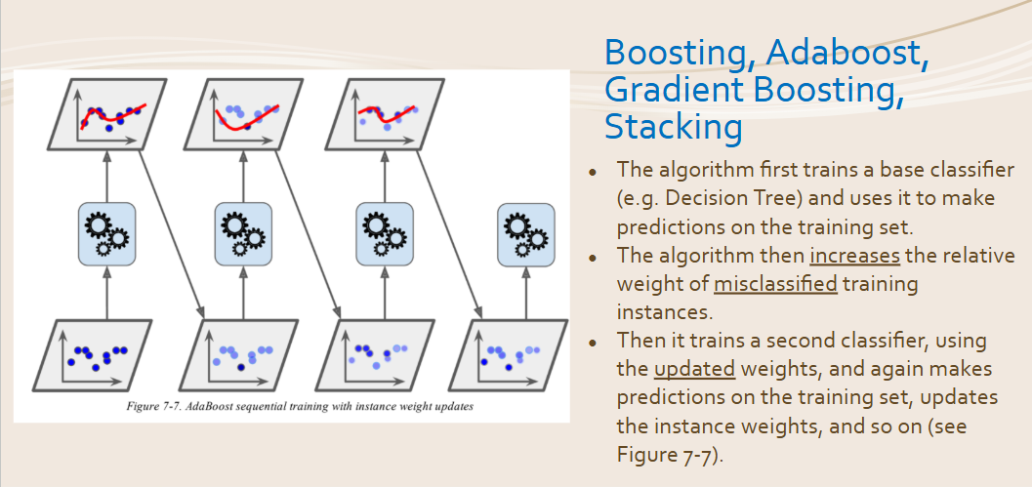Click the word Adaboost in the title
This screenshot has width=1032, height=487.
(848, 54)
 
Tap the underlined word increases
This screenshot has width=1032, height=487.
(855, 256)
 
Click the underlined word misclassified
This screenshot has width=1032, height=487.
(775, 284)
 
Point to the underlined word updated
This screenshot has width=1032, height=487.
(694, 369)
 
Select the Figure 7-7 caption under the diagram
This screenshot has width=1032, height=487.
(300, 406)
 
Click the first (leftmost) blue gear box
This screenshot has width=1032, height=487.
(106, 234)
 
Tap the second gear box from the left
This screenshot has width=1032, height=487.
(243, 234)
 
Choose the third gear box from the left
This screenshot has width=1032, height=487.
(385, 234)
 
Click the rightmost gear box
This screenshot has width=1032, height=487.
(526, 234)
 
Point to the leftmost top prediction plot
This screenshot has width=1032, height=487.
(106, 114)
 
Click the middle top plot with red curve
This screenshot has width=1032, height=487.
(243, 114)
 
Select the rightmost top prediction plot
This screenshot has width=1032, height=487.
(384, 114)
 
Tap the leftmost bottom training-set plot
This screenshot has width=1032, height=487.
(92, 355)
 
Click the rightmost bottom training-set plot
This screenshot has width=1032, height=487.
(508, 355)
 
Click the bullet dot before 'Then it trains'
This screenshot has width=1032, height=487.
(593, 343)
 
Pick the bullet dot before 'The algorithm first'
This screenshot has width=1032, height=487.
(593, 172)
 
